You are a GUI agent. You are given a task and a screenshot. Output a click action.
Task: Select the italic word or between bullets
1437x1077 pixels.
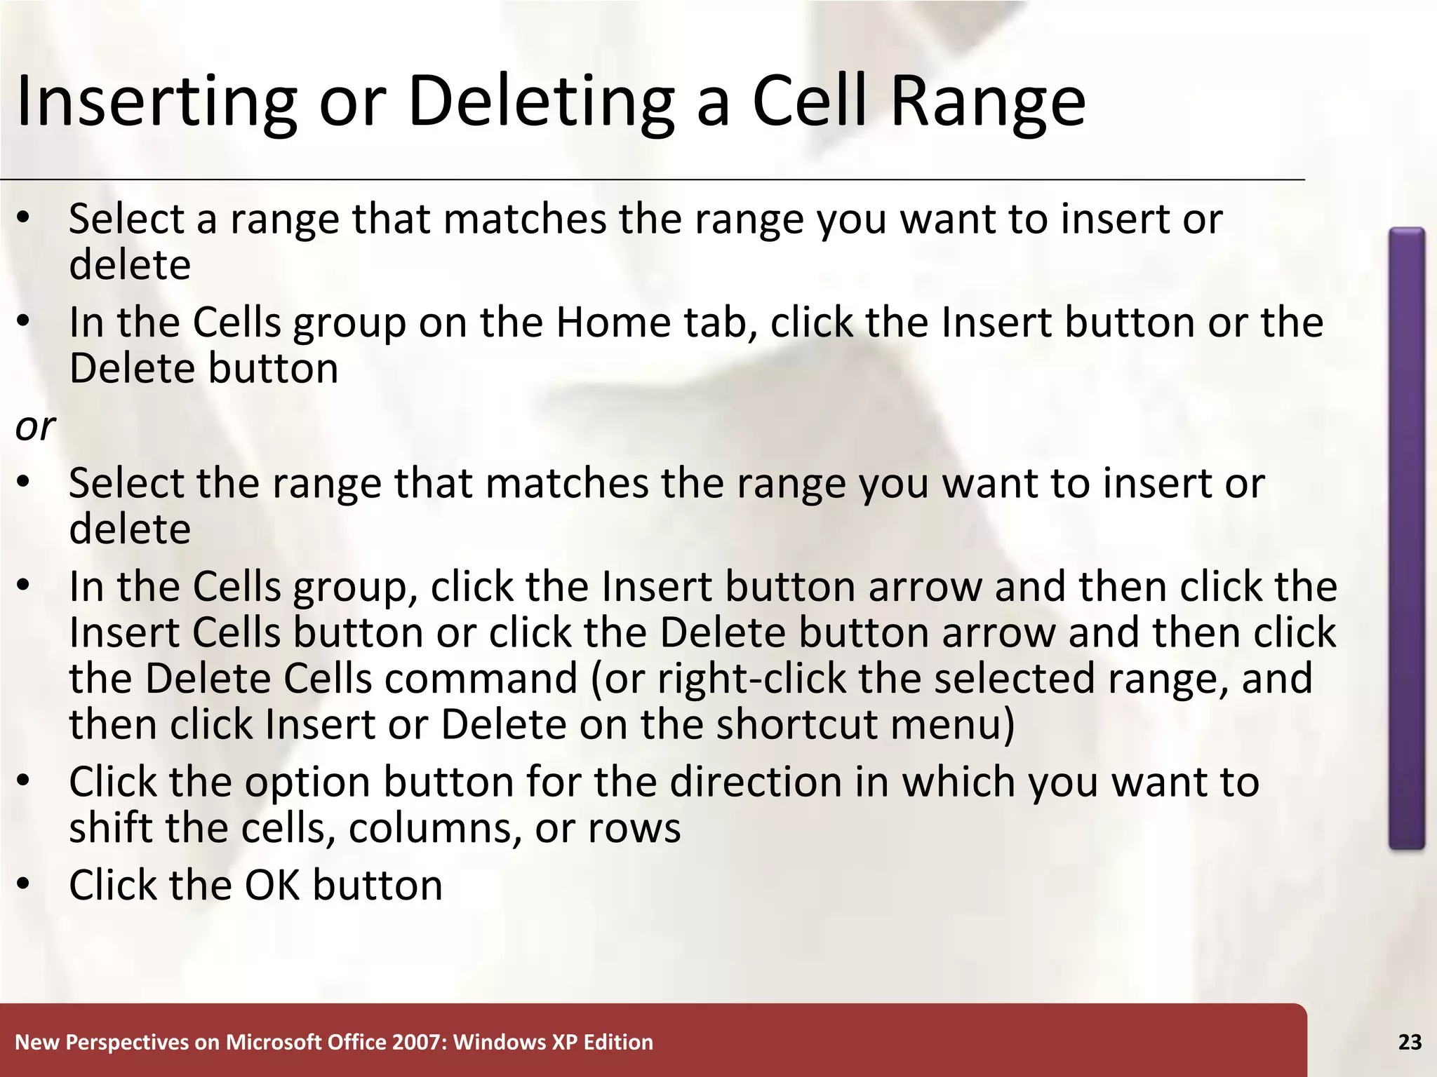pos(34,426)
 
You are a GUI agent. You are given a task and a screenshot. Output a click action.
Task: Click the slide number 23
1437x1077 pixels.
pos(1410,1043)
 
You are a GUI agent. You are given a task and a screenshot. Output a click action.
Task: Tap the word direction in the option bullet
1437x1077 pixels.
pos(755,782)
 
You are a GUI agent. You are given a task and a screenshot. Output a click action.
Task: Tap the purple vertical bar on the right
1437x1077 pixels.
pos(1406,538)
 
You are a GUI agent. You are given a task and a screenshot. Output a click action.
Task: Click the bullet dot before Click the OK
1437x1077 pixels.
pos(24,885)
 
